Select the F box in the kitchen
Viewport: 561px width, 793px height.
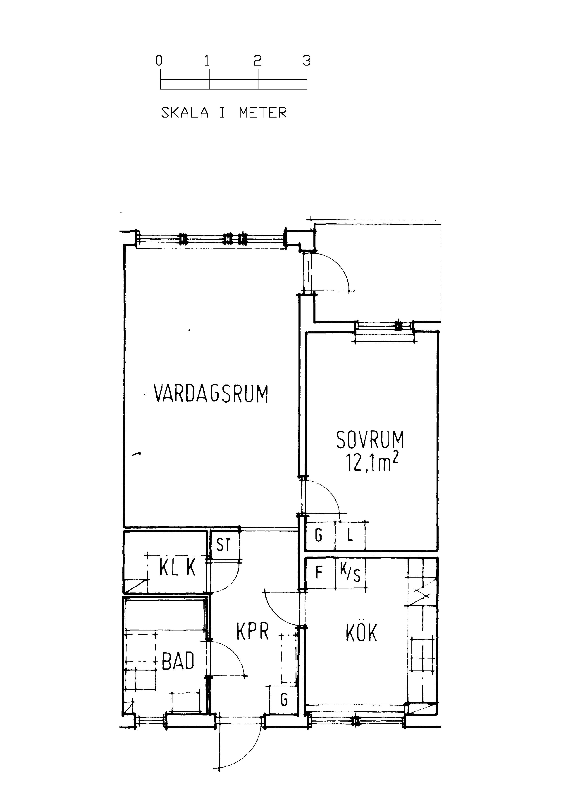pyautogui.click(x=320, y=572)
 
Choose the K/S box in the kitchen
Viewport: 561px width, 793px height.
pyautogui.click(x=350, y=572)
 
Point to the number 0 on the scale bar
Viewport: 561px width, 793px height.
pyautogui.click(x=159, y=61)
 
